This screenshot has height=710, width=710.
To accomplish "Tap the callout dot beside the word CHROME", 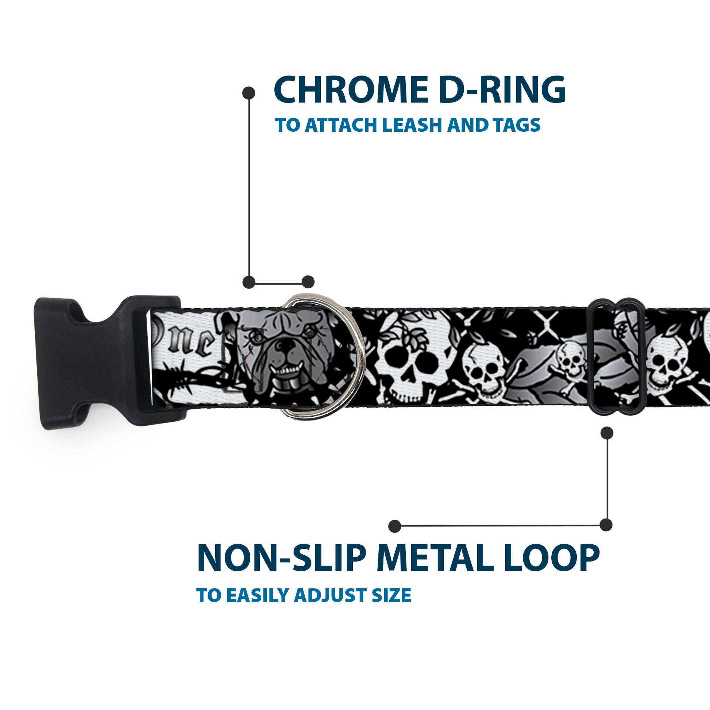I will point(249,93).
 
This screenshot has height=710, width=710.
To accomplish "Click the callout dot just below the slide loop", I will point(607,433).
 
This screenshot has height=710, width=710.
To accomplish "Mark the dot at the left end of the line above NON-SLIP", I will point(395,526).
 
